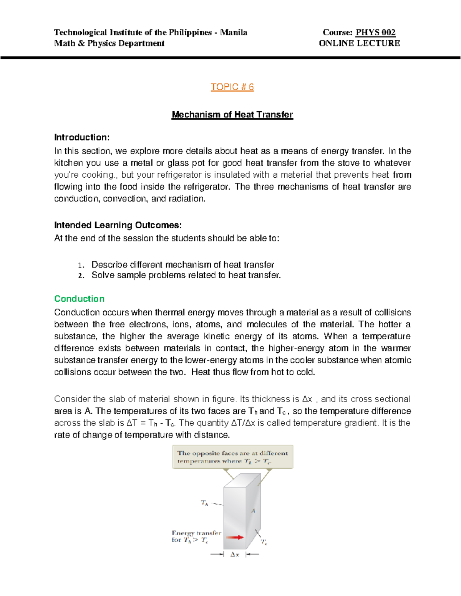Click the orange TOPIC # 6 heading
tap(232, 87)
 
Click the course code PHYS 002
tap(375, 32)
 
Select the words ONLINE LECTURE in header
tap(359, 43)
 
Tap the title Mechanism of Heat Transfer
tap(232, 114)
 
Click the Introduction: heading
tap(82, 137)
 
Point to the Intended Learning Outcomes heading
tap(118, 225)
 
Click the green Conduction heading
tap(79, 299)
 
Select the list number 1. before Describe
tap(80, 266)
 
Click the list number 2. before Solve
tap(80, 276)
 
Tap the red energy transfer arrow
tap(235, 537)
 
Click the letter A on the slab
tap(253, 510)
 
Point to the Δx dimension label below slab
tap(235, 555)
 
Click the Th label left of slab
tap(204, 503)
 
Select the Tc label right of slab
tap(264, 542)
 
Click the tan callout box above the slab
tap(232, 457)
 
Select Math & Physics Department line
tap(109, 43)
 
